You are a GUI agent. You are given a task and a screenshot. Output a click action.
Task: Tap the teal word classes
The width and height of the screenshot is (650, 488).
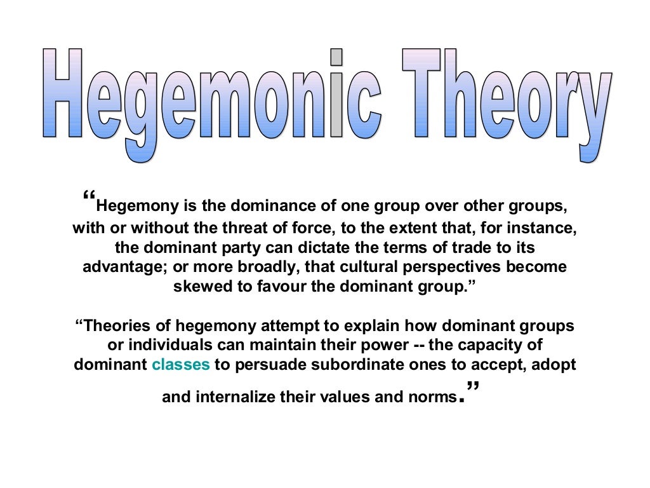coord(181,365)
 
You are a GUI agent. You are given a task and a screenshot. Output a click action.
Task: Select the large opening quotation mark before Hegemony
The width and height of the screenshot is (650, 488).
coord(90,198)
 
